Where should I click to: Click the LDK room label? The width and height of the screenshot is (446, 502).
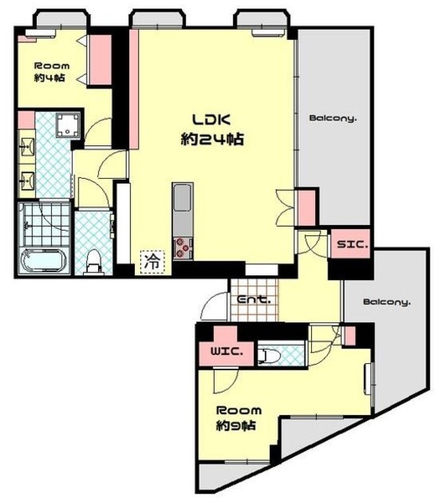[211, 119]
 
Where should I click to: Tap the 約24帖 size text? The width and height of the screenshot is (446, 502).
[212, 140]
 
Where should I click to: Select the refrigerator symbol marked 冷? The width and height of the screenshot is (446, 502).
[152, 262]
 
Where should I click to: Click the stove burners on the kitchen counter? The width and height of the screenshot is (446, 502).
[183, 248]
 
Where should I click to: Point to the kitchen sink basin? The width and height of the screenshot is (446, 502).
[183, 198]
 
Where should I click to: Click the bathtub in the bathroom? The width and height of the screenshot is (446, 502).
[43, 260]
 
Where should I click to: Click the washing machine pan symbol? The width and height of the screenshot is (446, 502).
[68, 125]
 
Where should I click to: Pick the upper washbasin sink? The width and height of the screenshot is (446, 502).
[27, 147]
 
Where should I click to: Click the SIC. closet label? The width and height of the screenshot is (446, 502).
[352, 245]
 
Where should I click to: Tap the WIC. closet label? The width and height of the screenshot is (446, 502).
[227, 351]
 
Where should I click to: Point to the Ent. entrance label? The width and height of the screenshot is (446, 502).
[254, 300]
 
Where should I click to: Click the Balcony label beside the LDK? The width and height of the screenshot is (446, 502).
[333, 118]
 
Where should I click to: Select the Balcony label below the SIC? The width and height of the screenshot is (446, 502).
[386, 302]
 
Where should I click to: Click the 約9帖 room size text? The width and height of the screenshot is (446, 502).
[236, 425]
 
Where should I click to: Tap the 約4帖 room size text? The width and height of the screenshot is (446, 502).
[49, 78]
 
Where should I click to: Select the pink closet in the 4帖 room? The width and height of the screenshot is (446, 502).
[100, 60]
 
